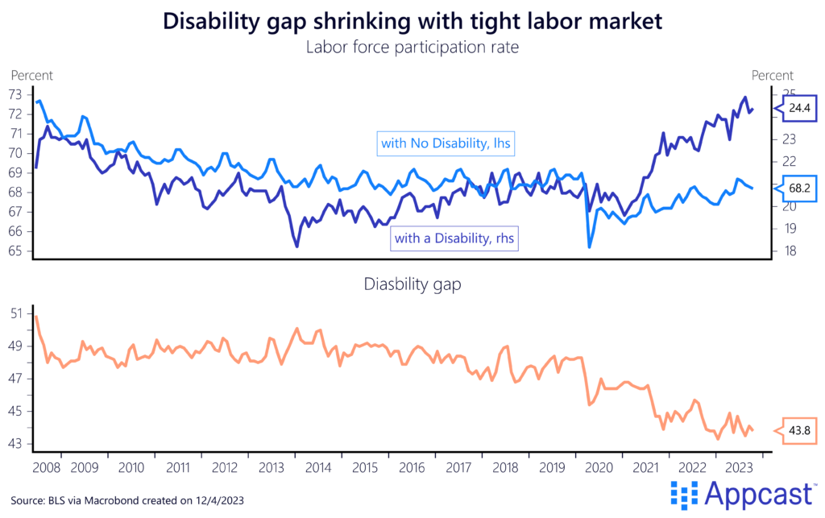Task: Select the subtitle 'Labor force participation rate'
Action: (x=412, y=48)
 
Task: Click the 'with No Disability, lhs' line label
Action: (x=446, y=144)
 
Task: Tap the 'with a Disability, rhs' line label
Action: (x=454, y=238)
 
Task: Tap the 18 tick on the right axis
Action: (x=786, y=251)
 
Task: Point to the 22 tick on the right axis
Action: (x=786, y=161)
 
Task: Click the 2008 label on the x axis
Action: (x=48, y=467)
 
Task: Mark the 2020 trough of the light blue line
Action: (x=589, y=246)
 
